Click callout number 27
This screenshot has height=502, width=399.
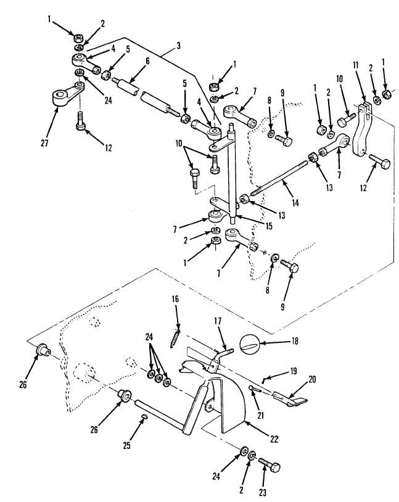click(x=44, y=143)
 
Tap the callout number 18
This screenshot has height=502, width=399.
click(x=294, y=341)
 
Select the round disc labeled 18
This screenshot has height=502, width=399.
click(x=250, y=344)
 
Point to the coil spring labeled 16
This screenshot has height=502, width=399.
click(x=175, y=339)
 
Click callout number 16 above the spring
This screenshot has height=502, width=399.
click(x=175, y=299)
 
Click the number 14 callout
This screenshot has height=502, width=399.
click(x=295, y=202)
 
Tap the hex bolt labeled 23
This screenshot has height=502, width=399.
click(x=269, y=465)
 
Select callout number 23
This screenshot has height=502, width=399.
click(x=263, y=492)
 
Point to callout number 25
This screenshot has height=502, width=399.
click(x=127, y=445)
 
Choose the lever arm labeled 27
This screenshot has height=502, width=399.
click(x=68, y=94)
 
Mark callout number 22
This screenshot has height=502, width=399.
click(x=274, y=438)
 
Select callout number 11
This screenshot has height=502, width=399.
click(x=356, y=65)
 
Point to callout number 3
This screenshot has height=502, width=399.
click(x=178, y=46)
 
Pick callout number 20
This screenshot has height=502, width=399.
click(x=312, y=379)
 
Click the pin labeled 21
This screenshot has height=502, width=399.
click(x=255, y=389)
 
